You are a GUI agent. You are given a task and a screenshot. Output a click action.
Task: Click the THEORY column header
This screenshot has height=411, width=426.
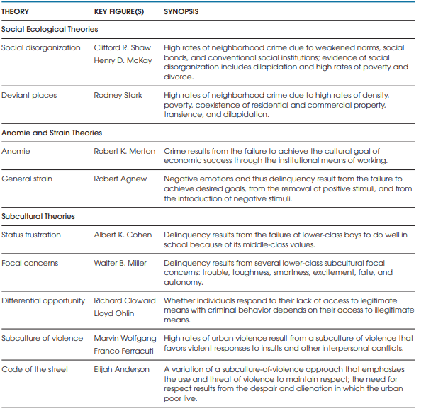click(x=15, y=12)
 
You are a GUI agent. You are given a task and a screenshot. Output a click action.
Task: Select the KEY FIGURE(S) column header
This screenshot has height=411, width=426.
click(x=120, y=12)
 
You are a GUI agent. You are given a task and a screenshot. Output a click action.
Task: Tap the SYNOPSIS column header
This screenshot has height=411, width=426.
click(x=182, y=12)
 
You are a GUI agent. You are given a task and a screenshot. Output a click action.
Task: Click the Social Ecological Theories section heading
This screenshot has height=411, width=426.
click(x=50, y=30)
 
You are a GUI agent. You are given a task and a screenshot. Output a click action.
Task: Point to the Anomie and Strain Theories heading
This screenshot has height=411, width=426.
click(x=52, y=133)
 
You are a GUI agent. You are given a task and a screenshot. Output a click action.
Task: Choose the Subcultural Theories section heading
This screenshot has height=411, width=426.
click(x=38, y=216)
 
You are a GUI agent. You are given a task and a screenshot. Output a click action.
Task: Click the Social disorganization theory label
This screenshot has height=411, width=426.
click(x=41, y=47)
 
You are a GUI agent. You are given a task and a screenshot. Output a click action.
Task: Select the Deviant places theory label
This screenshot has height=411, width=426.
click(x=29, y=95)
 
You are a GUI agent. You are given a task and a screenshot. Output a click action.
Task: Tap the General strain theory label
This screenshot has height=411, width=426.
click(x=28, y=179)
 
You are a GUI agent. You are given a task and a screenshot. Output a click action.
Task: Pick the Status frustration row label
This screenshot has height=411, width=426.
click(x=31, y=235)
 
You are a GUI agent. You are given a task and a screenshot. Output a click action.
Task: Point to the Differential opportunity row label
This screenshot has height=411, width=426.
click(x=43, y=300)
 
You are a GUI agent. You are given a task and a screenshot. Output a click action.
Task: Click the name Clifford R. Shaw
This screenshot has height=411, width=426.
click(x=123, y=47)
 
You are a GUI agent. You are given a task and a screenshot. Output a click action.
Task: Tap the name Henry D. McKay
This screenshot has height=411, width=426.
click(x=123, y=60)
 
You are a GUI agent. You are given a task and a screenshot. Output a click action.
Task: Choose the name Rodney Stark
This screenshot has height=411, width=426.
click(x=117, y=95)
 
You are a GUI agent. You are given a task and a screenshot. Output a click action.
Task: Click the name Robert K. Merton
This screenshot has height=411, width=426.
click(x=125, y=151)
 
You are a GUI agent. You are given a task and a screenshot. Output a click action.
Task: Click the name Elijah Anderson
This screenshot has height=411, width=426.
click(x=121, y=369)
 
